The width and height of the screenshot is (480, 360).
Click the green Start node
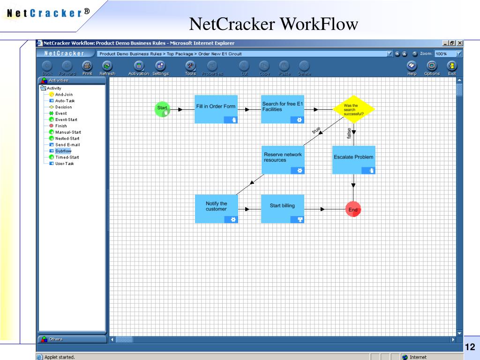[x=162, y=109]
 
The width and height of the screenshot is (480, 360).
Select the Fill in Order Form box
[x=216, y=109]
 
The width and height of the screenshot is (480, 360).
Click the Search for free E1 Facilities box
[x=283, y=109]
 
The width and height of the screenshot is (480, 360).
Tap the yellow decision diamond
[x=354, y=109]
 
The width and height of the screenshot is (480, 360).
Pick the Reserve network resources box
[x=283, y=160]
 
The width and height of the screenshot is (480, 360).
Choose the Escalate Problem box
[x=354, y=160]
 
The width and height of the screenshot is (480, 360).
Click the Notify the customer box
[x=216, y=209]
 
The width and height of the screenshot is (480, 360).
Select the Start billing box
[x=283, y=209]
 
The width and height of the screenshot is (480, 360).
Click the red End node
[x=353, y=210]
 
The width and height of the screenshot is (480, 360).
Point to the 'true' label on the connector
[x=316, y=130]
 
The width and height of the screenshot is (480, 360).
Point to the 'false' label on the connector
[x=349, y=134]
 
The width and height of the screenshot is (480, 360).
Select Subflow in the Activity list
[x=63, y=151]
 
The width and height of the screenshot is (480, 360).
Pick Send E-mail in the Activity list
[x=67, y=145]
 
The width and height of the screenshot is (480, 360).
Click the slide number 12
[x=470, y=347]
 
